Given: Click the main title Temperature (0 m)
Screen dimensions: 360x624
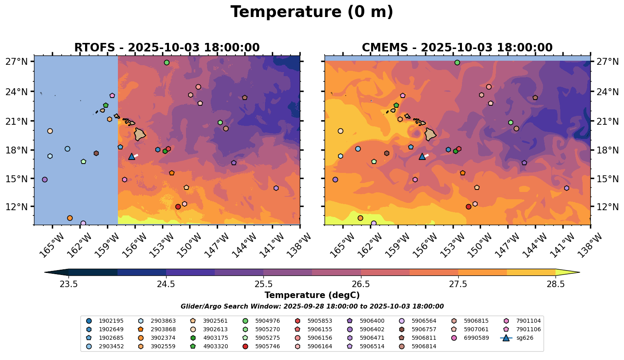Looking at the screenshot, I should pyautogui.click(x=312, y=12).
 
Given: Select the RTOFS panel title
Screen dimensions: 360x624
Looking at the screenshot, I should pyautogui.click(x=167, y=48).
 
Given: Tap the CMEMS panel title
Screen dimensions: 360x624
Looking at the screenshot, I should pyautogui.click(x=457, y=48).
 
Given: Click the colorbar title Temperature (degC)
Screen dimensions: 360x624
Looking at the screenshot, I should pyautogui.click(x=312, y=295).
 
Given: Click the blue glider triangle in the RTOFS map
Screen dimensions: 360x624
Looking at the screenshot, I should pyautogui.click(x=131, y=156).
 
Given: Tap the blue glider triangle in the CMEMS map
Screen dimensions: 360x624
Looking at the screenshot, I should pyautogui.click(x=422, y=156).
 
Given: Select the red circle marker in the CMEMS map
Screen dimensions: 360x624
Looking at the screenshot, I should pyautogui.click(x=468, y=207).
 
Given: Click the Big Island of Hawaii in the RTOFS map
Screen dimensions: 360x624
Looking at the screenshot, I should pyautogui.click(x=140, y=134).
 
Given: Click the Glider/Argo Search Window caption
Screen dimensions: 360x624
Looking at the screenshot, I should pyautogui.click(x=312, y=307).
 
